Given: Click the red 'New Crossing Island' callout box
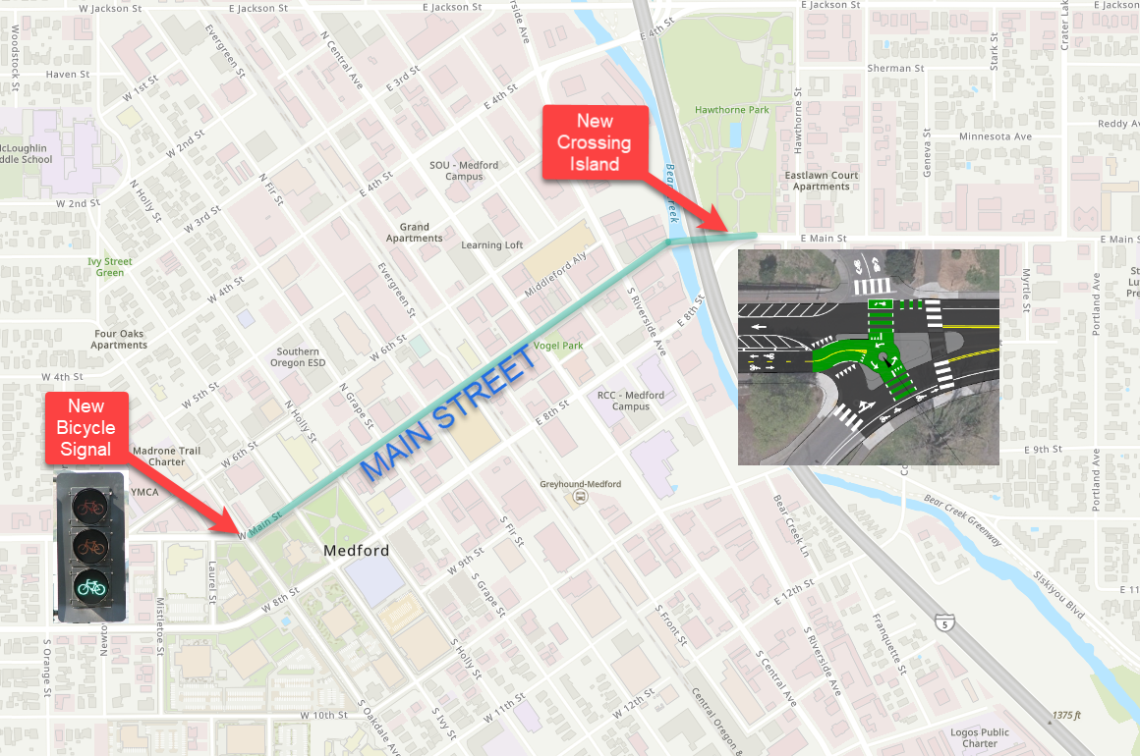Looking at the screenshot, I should [595, 142].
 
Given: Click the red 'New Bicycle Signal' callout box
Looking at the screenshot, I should [85, 428].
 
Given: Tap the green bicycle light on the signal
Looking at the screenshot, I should [90, 586].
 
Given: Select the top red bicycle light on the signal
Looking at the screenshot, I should [90, 508].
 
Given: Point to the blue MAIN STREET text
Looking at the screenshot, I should [450, 415].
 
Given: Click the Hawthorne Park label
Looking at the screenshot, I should [732, 110].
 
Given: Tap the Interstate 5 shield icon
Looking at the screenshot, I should [943, 622].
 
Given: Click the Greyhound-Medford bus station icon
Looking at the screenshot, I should [580, 498].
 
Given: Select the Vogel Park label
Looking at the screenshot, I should [558, 346].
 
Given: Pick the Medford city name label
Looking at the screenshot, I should [356, 551].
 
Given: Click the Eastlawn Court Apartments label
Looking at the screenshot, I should [821, 181].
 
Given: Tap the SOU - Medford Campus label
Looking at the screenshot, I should [464, 171].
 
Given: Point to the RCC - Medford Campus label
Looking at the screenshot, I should [630, 401].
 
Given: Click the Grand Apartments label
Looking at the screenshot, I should [414, 233].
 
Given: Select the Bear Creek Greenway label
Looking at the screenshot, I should [962, 519].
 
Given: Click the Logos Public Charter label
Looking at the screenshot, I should [979, 738].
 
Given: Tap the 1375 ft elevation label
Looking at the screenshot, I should [1065, 714].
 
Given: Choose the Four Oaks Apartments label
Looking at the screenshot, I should [119, 340].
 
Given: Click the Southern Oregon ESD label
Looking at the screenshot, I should [297, 357].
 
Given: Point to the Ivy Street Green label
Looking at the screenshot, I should [109, 267].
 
